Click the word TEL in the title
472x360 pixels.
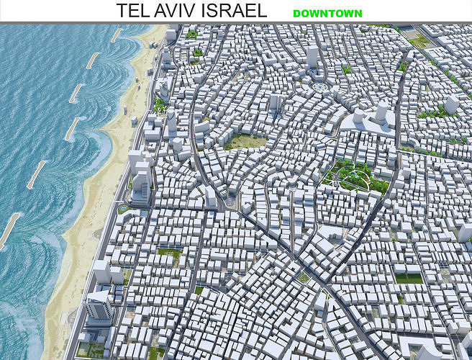(136, 11)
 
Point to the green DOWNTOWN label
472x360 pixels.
(327, 13)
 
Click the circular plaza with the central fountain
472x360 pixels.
(320, 89)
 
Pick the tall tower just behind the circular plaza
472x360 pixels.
(312, 58)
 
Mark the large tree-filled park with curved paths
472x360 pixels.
(354, 175)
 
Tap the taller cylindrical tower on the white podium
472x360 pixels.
(381, 112)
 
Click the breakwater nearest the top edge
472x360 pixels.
(117, 35)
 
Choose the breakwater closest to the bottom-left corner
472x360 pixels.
(9, 230)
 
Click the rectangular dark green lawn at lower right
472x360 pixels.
(408, 278)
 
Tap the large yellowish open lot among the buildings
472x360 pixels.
(247, 141)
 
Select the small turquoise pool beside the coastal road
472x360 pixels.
(122, 210)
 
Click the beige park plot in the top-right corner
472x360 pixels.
(419, 42)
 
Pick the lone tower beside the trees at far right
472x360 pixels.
(451, 104)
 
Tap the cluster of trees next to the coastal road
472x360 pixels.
(160, 107)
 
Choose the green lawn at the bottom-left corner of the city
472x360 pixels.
(91, 349)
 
